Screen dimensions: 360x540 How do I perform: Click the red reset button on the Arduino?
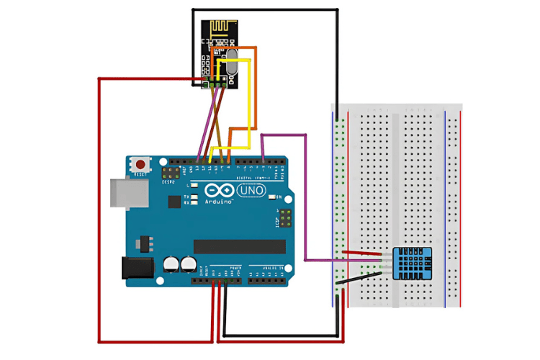pyautogui.click(x=140, y=165)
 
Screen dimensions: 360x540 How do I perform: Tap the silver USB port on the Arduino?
pyautogui.click(x=122, y=195)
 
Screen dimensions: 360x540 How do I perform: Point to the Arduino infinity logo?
pyautogui.click(x=220, y=191)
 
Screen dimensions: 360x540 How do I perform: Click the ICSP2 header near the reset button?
pyautogui.click(x=170, y=174)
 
